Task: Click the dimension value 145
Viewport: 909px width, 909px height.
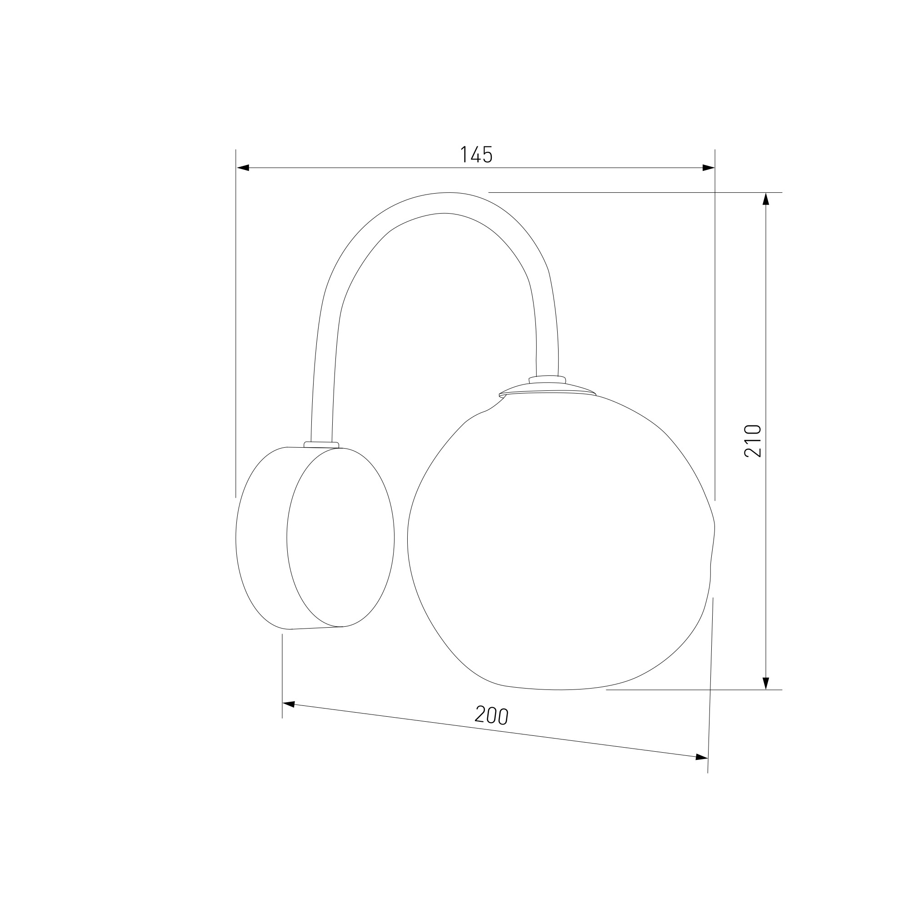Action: pyautogui.click(x=476, y=155)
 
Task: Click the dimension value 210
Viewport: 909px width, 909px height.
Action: pyautogui.click(x=753, y=440)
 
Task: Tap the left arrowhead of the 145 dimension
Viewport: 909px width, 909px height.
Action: pyautogui.click(x=243, y=168)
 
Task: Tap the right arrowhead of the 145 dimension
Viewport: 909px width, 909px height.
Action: pyautogui.click(x=709, y=168)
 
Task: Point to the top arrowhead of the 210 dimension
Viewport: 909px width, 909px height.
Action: pyautogui.click(x=765, y=199)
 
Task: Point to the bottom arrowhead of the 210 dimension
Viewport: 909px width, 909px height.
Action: pyautogui.click(x=765, y=683)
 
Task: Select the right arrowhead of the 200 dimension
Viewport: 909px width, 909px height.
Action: pyautogui.click(x=702, y=757)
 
